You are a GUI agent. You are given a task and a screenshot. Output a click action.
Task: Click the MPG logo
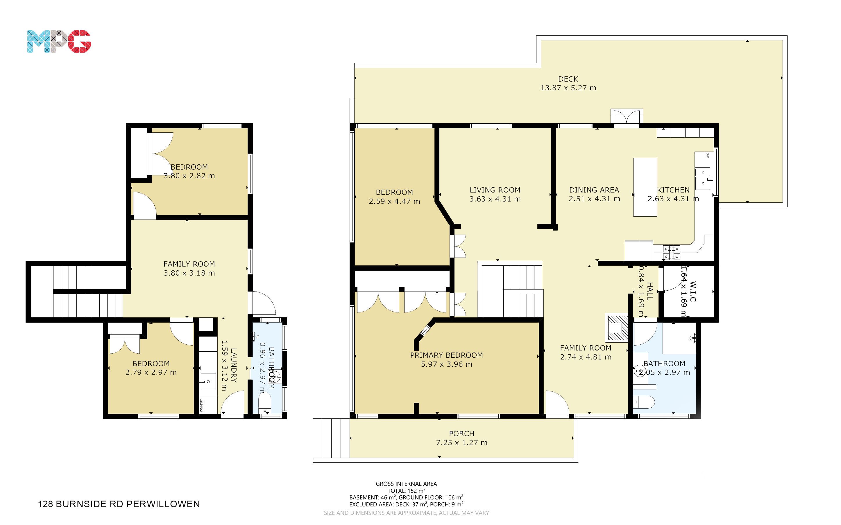point(59,42)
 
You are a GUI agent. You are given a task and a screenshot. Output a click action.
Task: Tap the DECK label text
point(568,79)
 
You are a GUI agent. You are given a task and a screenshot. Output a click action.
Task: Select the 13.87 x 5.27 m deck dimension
point(568,88)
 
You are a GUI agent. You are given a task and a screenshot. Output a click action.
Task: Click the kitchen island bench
point(645,187)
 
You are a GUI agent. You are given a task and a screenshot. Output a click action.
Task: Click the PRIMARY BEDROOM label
point(446,355)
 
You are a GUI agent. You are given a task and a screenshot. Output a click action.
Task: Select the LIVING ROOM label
point(495,190)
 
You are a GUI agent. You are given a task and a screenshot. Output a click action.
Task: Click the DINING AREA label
point(594,190)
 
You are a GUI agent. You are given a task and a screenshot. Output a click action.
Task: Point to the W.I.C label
point(693,291)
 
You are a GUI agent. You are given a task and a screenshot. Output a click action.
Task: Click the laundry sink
point(208,382)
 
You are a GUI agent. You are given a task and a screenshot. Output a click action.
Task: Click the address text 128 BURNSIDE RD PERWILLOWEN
point(119,504)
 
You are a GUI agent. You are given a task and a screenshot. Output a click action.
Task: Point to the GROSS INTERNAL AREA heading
point(406,484)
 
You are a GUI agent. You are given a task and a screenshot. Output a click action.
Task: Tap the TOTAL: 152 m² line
point(406,491)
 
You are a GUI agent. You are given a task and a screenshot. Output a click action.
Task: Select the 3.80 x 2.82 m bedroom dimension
point(189,176)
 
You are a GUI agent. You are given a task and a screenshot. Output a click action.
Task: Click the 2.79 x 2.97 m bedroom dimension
point(151,373)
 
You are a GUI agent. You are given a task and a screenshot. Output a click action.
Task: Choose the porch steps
point(331,438)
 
